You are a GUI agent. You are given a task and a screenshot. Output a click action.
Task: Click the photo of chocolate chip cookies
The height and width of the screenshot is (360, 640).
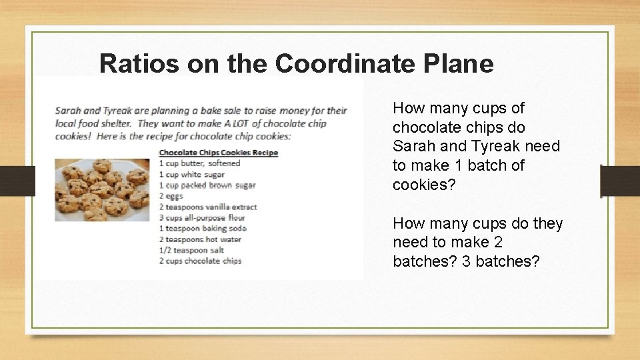point(102,189)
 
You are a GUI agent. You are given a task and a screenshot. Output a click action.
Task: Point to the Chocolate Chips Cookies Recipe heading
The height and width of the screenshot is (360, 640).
point(218,153)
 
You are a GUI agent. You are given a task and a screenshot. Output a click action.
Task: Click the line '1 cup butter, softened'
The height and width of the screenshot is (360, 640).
point(199,163)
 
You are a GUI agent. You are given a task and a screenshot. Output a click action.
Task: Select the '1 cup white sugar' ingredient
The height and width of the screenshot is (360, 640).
point(192,175)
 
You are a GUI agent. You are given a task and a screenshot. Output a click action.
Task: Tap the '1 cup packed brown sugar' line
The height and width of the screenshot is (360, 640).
point(207,185)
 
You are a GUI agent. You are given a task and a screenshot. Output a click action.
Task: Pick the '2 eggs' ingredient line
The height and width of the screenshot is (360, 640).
point(171,196)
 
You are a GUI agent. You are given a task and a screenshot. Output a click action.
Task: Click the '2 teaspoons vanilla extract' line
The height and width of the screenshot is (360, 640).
point(207,207)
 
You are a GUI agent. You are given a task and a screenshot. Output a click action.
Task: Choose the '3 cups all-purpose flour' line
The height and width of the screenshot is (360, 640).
point(202,217)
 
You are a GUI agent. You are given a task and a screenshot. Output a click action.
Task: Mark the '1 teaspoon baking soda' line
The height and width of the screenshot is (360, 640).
point(202,228)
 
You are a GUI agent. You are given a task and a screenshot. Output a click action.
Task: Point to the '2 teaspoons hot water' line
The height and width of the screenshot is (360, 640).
point(200,239)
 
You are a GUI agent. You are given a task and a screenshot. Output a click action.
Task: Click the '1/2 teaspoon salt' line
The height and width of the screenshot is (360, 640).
point(191,250)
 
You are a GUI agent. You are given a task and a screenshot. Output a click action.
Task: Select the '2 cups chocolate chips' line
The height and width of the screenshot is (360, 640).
point(200,261)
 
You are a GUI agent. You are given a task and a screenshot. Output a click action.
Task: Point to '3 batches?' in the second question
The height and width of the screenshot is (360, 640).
point(501,261)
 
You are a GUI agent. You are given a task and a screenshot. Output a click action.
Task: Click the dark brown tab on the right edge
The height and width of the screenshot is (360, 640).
point(619,181)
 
